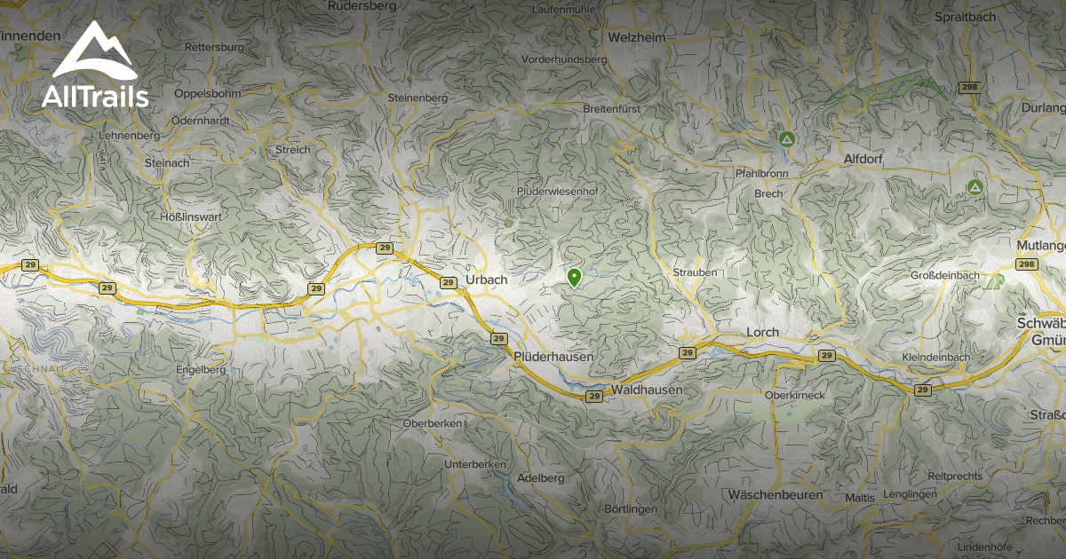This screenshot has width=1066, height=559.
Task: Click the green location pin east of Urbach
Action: coord(574,278)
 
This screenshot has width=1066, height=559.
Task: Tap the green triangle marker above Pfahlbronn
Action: coord(786,139)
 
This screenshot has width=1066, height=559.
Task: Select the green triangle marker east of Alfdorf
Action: coord(975,187)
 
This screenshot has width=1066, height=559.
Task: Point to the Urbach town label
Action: coord(486,279)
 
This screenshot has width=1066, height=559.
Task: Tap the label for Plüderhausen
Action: coord(553,356)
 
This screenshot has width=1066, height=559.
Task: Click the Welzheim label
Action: coord(637,37)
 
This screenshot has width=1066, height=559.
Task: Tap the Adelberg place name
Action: coord(540,477)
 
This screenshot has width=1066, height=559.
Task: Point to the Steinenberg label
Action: coord(418,97)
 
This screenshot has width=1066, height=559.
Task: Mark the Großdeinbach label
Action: coord(945,276)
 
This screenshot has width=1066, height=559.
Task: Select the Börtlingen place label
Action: coord(630,509)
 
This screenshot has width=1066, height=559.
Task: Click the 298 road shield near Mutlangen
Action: coord(1027,264)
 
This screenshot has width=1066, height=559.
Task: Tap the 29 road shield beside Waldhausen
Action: coord(594,396)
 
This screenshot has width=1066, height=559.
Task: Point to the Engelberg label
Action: coord(202,369)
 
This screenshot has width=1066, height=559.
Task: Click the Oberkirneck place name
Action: coord(795,394)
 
